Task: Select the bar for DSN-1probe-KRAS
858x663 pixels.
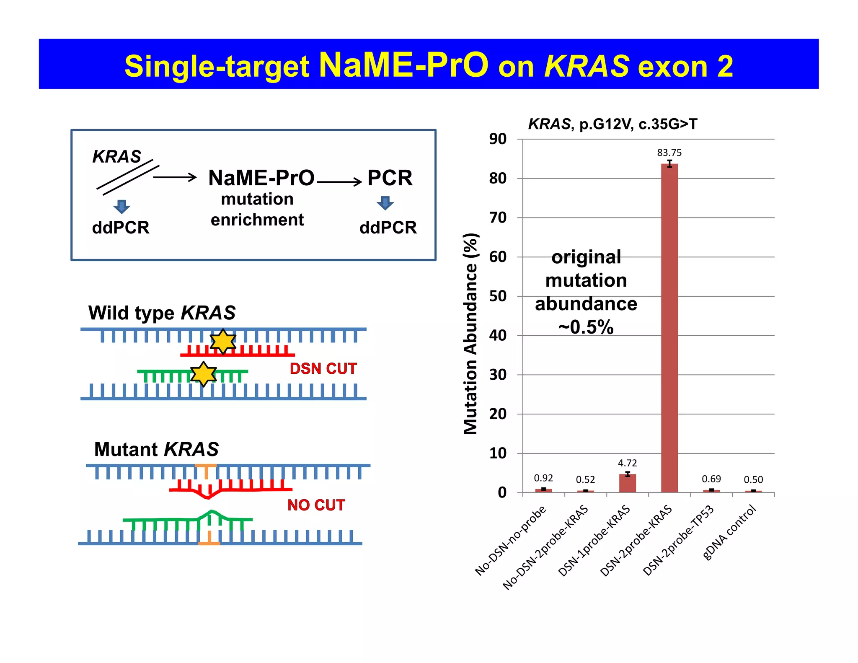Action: pos(627,483)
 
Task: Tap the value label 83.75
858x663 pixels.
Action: pos(669,153)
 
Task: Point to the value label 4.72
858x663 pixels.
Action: pos(627,463)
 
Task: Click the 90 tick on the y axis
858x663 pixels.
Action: pos(498,139)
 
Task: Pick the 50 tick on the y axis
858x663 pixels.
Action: pos(498,296)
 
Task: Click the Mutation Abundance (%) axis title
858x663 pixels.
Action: pos(471,334)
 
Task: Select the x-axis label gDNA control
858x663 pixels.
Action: pos(729,533)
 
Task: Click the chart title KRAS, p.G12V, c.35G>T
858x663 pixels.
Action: pos(612,124)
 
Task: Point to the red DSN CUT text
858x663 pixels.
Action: pos(323,369)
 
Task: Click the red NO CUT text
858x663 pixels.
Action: pos(316,505)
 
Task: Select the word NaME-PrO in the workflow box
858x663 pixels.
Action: pos(261,178)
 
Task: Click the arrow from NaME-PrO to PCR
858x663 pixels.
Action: pos(339,181)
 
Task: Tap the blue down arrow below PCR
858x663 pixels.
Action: pos(385,203)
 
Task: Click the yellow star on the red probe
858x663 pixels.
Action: pos(223,341)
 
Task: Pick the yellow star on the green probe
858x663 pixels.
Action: pos(204,374)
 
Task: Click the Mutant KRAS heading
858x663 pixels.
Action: pos(156,449)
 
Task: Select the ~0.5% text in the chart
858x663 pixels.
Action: pos(586,327)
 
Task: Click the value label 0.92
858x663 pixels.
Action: pos(543,478)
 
